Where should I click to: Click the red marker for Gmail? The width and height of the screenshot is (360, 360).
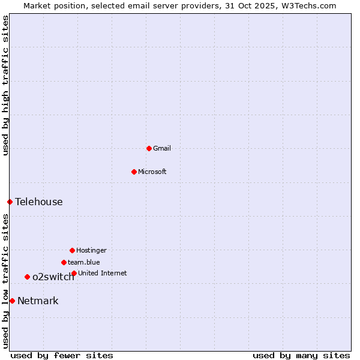pyautogui.click(x=149, y=148)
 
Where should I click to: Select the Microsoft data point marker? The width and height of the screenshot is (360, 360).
pyautogui.click(x=134, y=172)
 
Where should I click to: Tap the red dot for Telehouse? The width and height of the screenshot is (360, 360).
pyautogui.click(x=10, y=202)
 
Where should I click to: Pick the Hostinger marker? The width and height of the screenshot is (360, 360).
pyautogui.click(x=72, y=250)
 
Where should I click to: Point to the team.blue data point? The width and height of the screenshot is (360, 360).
pyautogui.click(x=64, y=262)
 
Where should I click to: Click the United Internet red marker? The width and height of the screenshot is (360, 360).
pyautogui.click(x=74, y=273)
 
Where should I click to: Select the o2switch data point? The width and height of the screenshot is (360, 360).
pyautogui.click(x=27, y=277)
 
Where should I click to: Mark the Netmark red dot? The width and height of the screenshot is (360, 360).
pyautogui.click(x=12, y=301)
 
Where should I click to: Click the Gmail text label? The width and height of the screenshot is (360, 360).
pyautogui.click(x=162, y=148)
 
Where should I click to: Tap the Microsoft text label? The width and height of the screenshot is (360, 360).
pyautogui.click(x=152, y=172)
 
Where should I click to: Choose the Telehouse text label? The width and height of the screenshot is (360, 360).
pyautogui.click(x=39, y=202)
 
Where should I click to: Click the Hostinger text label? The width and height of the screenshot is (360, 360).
pyautogui.click(x=91, y=250)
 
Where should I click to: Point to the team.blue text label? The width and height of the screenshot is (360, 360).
pyautogui.click(x=84, y=262)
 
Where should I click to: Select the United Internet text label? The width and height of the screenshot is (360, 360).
pyautogui.click(x=103, y=273)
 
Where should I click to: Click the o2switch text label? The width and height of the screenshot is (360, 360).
pyautogui.click(x=53, y=277)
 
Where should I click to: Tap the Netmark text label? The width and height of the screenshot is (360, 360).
pyautogui.click(x=38, y=301)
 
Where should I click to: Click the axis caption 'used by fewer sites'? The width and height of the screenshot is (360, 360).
pyautogui.click(x=62, y=355)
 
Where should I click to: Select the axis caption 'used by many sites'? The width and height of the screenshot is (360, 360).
pyautogui.click(x=301, y=355)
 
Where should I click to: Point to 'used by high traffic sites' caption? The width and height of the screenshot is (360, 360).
pyautogui.click(x=5, y=85)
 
